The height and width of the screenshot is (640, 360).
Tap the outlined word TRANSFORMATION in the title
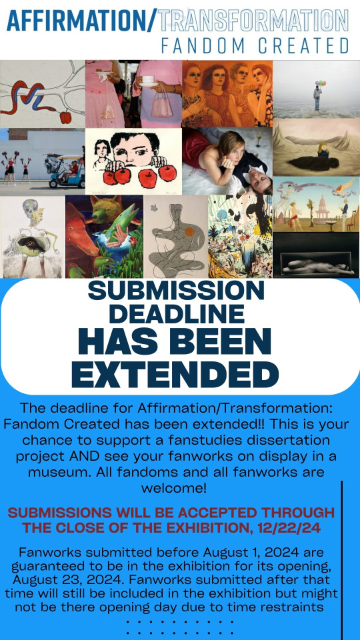tap(253, 21)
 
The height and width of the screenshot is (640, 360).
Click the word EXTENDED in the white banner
tap(175, 374)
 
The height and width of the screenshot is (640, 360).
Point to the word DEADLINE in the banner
tap(177, 314)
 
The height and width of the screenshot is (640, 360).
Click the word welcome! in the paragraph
tap(174, 488)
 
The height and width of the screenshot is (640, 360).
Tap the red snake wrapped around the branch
tap(33, 98)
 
